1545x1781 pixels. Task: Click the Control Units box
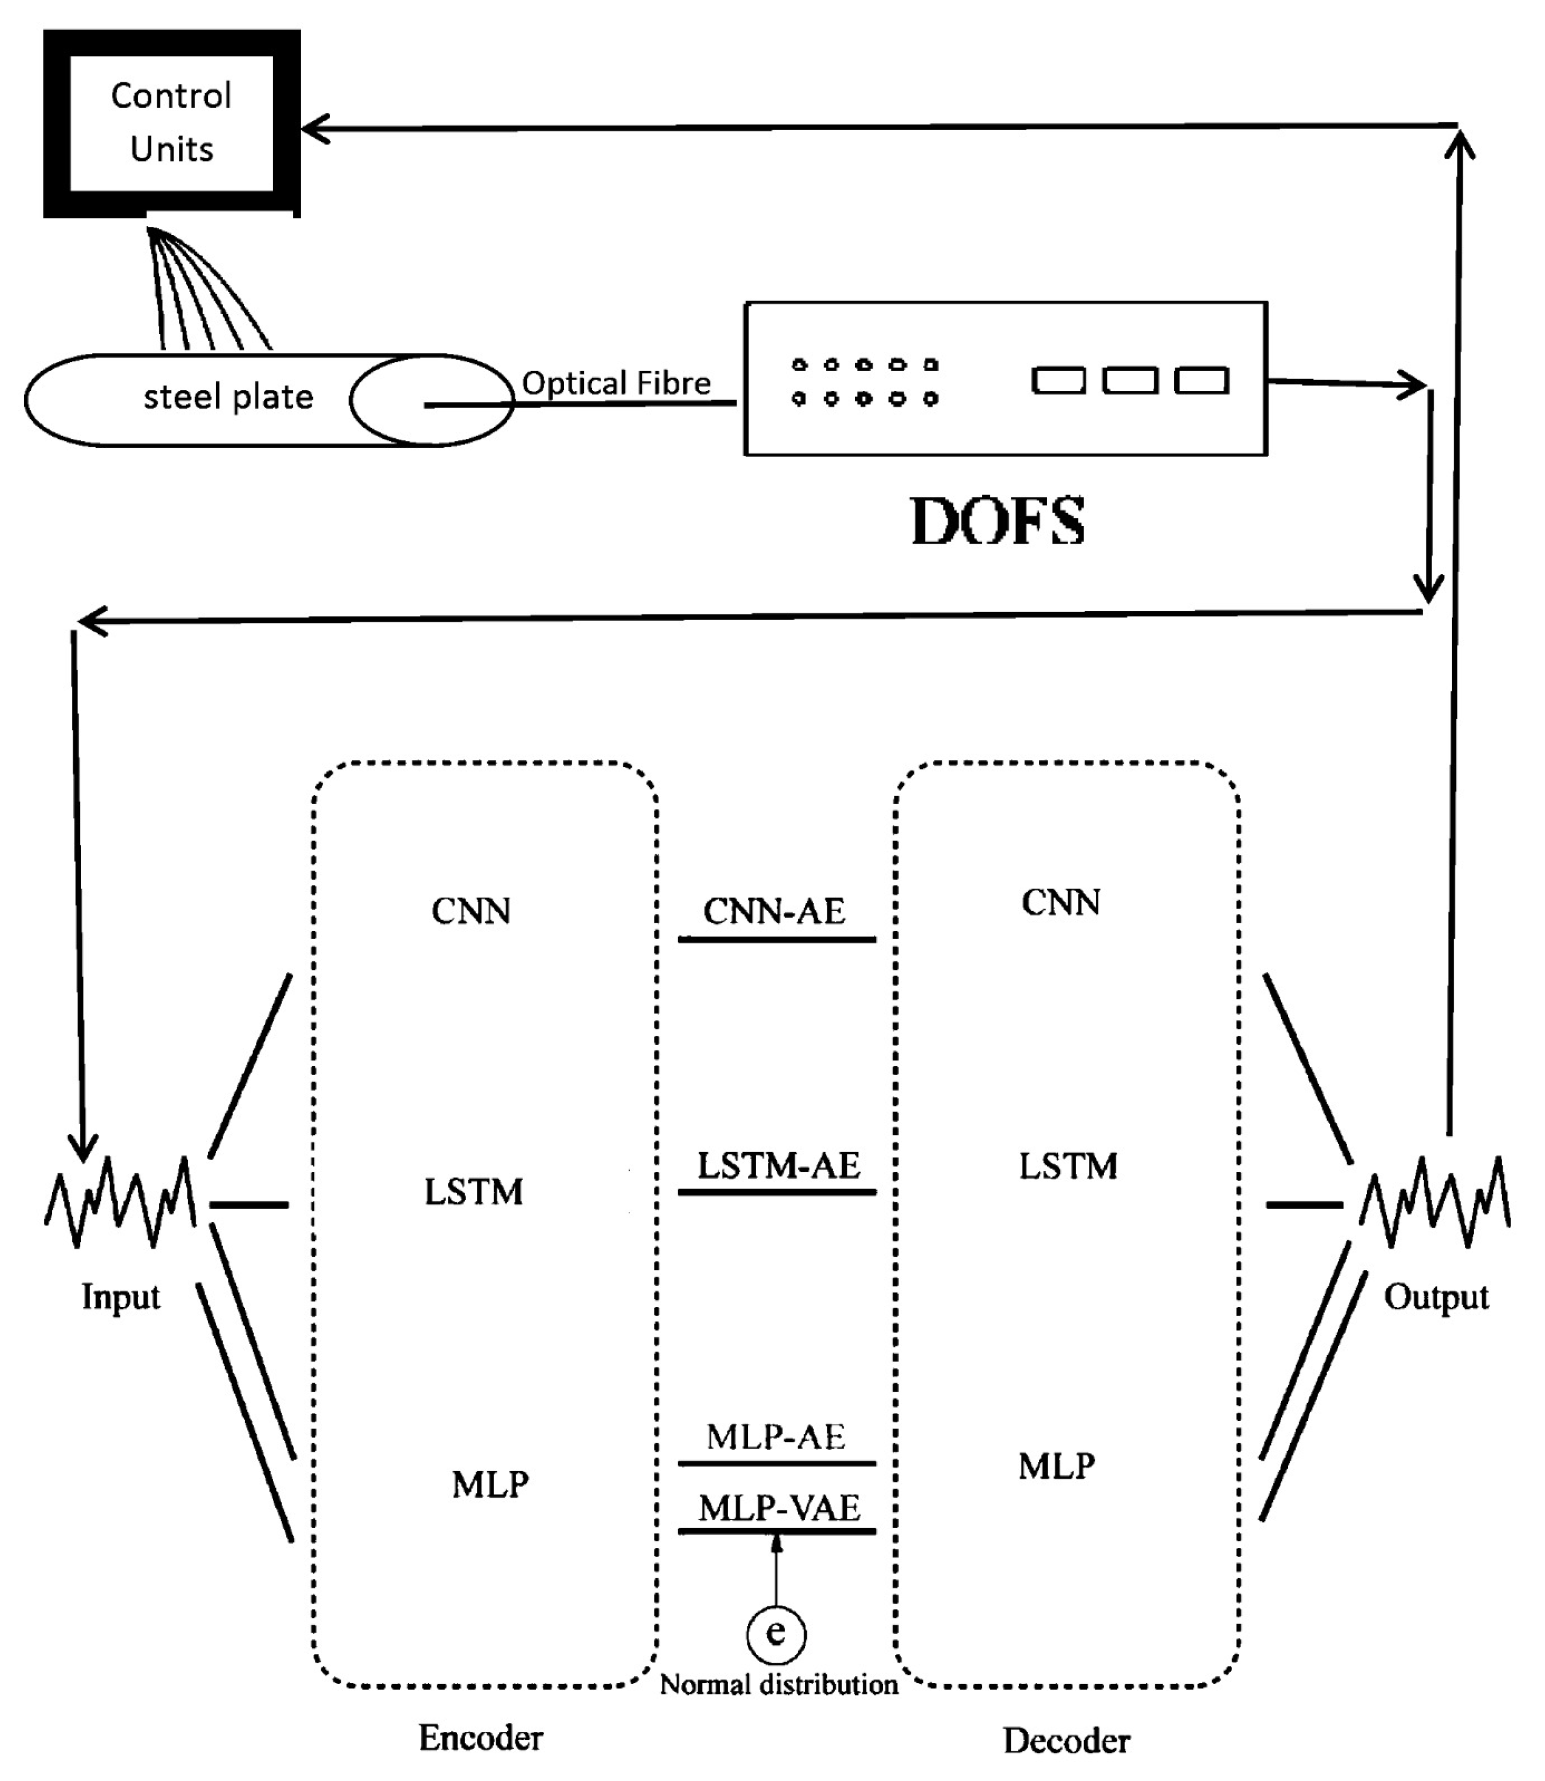[172, 122]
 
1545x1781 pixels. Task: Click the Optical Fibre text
[617, 383]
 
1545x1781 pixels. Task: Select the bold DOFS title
[997, 522]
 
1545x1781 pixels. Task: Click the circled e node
[776, 1633]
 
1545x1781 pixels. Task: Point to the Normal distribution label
[778, 1684]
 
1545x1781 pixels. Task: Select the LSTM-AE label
[778, 1166]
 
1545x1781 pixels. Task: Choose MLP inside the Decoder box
[1056, 1466]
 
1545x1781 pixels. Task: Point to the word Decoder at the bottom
[1066, 1741]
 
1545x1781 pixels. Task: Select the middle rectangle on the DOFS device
[1129, 380]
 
